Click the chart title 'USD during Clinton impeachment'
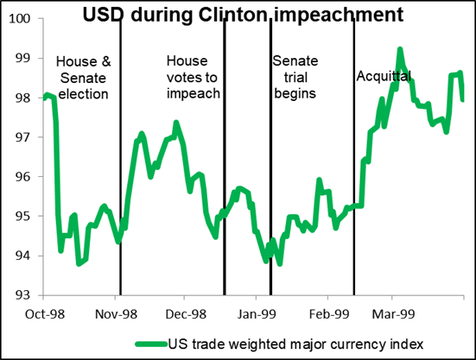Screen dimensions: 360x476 point(250,15)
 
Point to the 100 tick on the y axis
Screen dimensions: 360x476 point(23,18)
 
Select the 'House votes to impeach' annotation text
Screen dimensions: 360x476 point(193,78)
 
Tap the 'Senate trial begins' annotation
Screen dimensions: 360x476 point(294,77)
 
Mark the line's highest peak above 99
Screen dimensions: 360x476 point(400,49)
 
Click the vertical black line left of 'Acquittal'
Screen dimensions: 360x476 point(354,155)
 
